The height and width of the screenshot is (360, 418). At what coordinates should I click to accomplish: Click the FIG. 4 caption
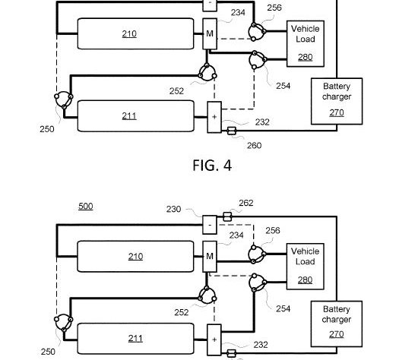tap(212, 166)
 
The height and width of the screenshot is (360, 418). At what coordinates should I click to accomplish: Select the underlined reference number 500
tap(86, 206)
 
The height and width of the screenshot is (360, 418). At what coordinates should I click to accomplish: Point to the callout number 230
tap(173, 209)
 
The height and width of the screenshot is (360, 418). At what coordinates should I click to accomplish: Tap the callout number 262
tap(246, 203)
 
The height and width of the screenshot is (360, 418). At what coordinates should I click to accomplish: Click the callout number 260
tap(255, 146)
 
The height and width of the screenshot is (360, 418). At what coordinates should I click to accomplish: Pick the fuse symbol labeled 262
tap(227, 216)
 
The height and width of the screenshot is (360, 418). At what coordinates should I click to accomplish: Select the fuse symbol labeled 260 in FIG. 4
tap(231, 131)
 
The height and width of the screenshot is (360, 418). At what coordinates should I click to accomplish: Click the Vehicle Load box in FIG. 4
tap(306, 43)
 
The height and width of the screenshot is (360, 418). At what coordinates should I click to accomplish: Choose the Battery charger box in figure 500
tap(337, 324)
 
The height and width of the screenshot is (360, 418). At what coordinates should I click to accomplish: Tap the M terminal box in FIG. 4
tap(210, 34)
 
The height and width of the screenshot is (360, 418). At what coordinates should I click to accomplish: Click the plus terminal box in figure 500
tap(214, 339)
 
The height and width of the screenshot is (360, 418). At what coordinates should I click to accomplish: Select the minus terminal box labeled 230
tap(210, 225)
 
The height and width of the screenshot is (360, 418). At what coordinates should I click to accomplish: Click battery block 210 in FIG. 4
tap(135, 33)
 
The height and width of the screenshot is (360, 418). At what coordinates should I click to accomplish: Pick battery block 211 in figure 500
tap(135, 339)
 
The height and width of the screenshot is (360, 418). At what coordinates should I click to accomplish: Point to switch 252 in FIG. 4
tap(207, 72)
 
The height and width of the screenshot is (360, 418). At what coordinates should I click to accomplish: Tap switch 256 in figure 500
tap(257, 254)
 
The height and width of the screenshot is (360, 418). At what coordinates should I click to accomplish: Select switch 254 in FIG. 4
tap(258, 60)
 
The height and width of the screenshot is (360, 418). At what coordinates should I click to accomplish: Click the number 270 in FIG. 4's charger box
tap(337, 112)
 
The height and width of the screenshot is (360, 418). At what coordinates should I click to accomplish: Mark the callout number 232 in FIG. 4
tap(262, 122)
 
